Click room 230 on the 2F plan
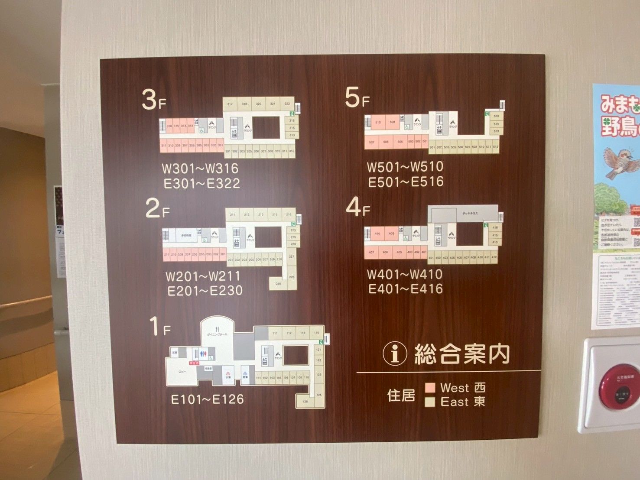click(x=278, y=284)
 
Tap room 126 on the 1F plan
click(x=305, y=402)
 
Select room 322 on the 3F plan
click(x=287, y=104)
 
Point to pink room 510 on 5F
click(x=378, y=122)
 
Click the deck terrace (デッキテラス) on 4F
click(x=469, y=213)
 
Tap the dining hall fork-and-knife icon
click(x=217, y=329)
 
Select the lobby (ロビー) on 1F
click(x=182, y=372)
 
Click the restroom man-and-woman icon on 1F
click(x=202, y=354)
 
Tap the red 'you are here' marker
click(x=194, y=362)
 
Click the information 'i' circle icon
click(x=395, y=354)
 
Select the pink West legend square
click(x=430, y=387)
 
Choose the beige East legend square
click(x=430, y=402)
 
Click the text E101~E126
click(x=207, y=399)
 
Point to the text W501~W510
click(x=405, y=167)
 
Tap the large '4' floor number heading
click(x=353, y=207)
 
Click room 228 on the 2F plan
click(x=292, y=277)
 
